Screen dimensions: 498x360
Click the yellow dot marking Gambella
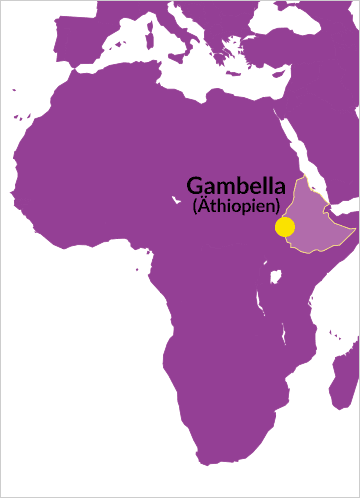285,226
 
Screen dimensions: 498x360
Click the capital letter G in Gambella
195,186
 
